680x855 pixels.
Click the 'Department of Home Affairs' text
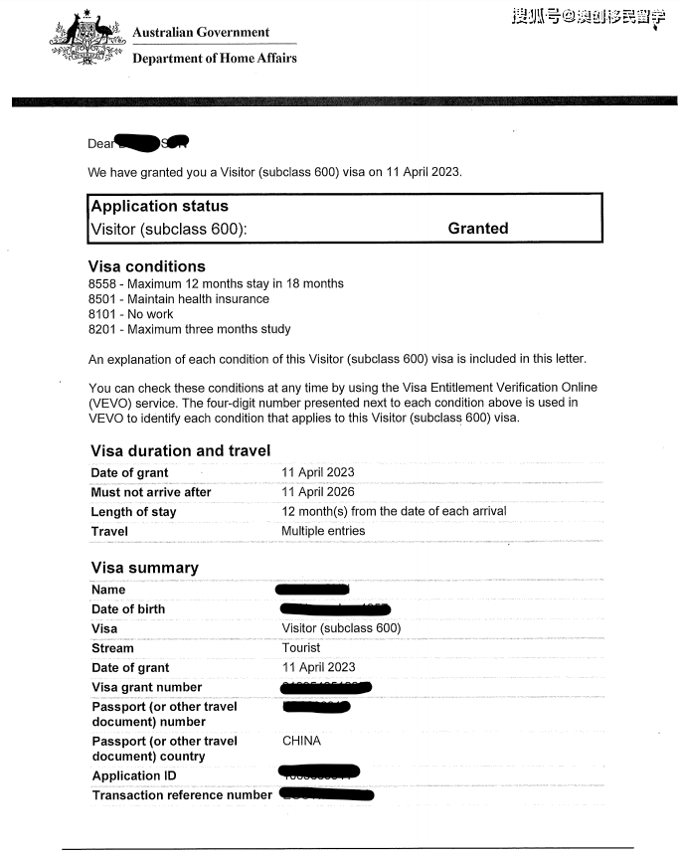tap(215, 58)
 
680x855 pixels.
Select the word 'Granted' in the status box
tap(477, 229)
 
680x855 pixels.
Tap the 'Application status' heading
tap(159, 207)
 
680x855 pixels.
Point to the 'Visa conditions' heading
tap(147, 266)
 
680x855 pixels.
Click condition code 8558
tap(102, 283)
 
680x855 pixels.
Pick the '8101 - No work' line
tap(130, 314)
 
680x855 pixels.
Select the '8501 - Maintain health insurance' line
tap(178, 299)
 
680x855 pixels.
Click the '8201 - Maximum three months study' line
tap(189, 329)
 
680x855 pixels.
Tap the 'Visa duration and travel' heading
tap(180, 451)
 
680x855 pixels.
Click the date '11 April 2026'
tap(318, 492)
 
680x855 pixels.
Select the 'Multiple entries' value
tap(323, 531)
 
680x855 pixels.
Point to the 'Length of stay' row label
tap(133, 512)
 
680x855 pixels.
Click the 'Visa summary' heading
tap(144, 568)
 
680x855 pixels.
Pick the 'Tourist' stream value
tap(301, 648)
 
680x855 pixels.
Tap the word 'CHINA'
tap(301, 741)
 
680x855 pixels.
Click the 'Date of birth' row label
tap(128, 609)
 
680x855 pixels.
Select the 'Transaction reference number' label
tap(182, 795)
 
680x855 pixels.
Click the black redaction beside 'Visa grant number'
tap(326, 687)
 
